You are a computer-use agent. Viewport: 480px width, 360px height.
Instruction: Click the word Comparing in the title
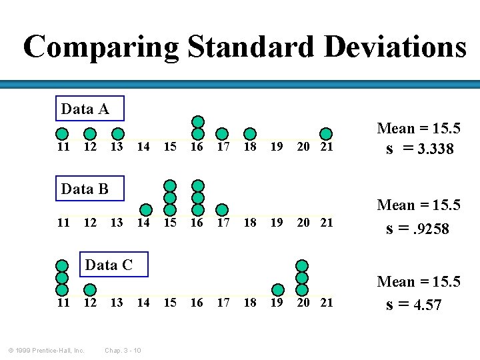pos(101,47)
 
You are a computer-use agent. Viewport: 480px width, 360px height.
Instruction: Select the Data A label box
pos(85,109)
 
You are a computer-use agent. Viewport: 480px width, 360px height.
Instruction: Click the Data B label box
pos(85,189)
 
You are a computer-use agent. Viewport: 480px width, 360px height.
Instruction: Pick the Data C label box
pos(109,265)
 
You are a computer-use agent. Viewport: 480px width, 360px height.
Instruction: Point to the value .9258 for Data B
pos(427,229)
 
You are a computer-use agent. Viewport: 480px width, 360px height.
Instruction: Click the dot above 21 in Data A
pos(326,134)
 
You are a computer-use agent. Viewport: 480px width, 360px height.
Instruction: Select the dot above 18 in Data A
pos(249,134)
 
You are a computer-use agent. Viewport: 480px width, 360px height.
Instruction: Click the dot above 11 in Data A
pos(62,134)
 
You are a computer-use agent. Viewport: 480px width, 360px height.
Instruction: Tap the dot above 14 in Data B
pos(143,209)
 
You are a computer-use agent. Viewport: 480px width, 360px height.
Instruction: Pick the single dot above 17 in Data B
pos(223,209)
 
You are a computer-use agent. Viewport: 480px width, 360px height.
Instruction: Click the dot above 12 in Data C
pos(89,289)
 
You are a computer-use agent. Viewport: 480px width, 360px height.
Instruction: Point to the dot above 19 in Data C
pos(278,289)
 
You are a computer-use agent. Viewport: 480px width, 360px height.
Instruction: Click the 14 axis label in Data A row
pos(143,147)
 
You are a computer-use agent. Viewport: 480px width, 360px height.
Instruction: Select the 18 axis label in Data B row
pos(249,223)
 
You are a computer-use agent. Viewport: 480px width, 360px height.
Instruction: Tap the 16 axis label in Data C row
pos(197,303)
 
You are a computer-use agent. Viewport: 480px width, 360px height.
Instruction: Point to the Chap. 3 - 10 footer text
pos(122,350)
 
